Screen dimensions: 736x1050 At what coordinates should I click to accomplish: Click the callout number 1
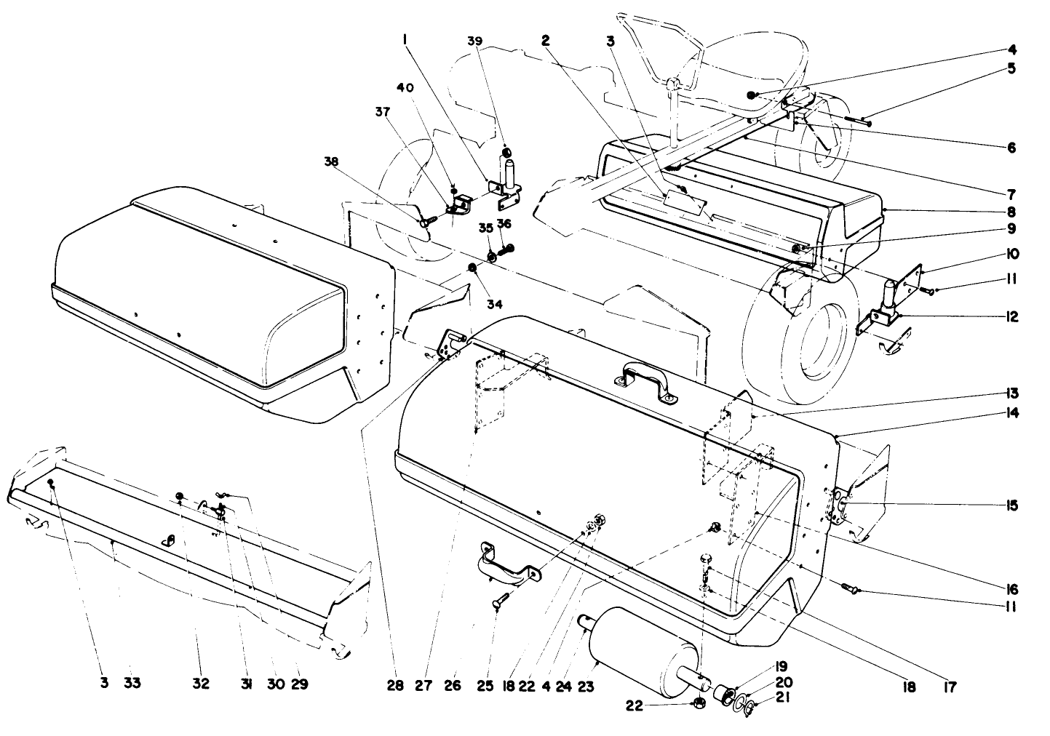(405, 42)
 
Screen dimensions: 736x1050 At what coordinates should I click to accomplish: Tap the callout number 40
(405, 87)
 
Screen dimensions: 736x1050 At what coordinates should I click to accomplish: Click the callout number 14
(1012, 413)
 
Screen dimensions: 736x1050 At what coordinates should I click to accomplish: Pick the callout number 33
(132, 684)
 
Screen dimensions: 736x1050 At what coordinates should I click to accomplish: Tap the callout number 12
(1012, 317)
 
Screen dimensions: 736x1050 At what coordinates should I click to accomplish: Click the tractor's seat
(757, 80)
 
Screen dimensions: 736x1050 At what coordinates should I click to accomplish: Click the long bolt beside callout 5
(856, 120)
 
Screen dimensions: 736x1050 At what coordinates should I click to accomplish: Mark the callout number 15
(1012, 505)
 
